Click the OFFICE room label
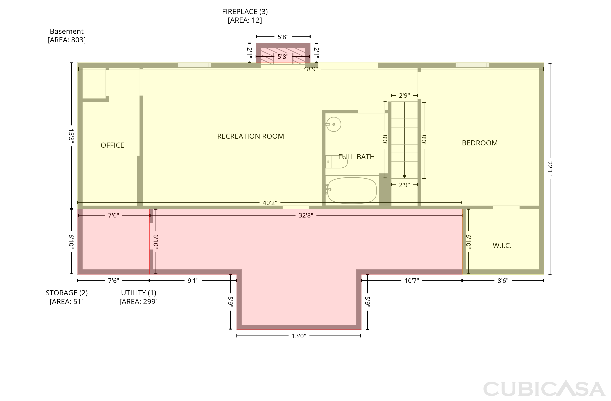[x=112, y=145]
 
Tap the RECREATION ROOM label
[x=251, y=136]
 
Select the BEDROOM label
[x=480, y=143]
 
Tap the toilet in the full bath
[x=336, y=162]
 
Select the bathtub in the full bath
[x=352, y=190]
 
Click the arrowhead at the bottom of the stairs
[x=404, y=177]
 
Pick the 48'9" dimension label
[x=311, y=69]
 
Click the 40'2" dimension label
[x=270, y=203]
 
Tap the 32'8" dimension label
[x=306, y=215]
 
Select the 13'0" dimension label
[x=299, y=336]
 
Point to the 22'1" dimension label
[x=550, y=168]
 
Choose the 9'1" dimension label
[x=193, y=281]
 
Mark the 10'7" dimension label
[x=412, y=281]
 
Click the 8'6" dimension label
[x=503, y=281]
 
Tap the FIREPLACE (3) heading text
[x=245, y=12]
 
